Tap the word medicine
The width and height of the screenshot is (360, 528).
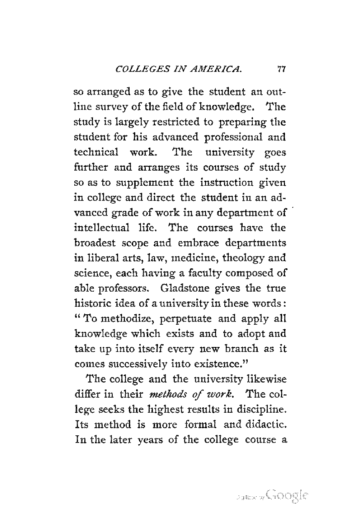pyautogui.click(x=194, y=258)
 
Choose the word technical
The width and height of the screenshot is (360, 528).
pyautogui.click(x=96, y=152)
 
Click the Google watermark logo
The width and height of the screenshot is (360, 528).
pyautogui.click(x=287, y=496)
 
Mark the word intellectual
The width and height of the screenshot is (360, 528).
pyautogui.click(x=102, y=228)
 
